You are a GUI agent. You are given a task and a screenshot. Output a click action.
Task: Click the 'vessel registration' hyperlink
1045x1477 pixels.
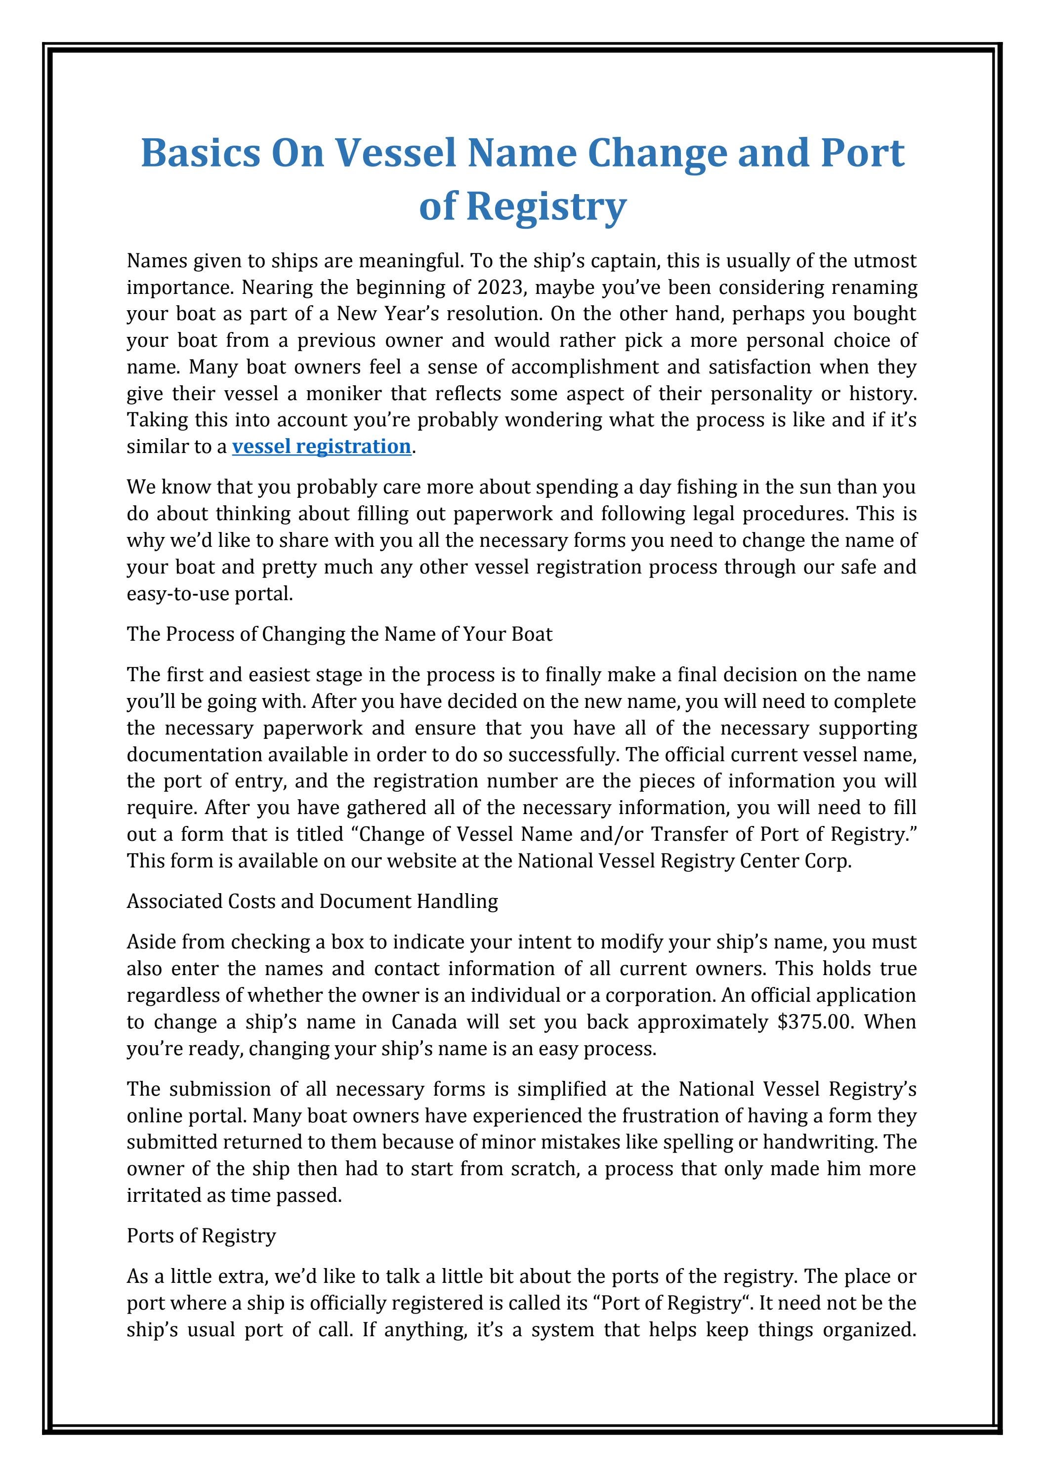coord(321,446)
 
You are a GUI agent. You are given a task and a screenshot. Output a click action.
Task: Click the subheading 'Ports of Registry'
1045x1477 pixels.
coord(201,1236)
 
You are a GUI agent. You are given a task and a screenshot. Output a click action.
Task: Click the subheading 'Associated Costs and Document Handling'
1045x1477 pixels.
coord(312,901)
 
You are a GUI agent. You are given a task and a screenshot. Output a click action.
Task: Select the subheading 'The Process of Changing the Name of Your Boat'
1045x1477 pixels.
coord(339,634)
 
